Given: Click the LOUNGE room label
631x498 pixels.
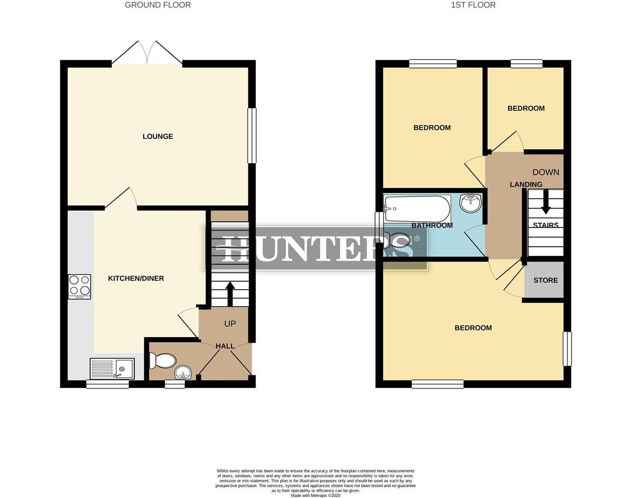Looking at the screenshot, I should [157, 136].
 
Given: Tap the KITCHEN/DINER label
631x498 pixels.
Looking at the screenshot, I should [136, 279].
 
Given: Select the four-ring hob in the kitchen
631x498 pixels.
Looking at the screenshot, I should [79, 286].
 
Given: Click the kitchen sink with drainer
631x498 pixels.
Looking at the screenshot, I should [112, 369].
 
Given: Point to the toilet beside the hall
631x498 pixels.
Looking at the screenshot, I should [162, 361].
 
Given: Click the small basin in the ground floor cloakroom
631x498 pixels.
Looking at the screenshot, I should [183, 373].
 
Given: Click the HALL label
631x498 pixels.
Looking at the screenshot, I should [225, 346].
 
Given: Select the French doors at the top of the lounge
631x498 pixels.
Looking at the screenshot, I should [147, 53].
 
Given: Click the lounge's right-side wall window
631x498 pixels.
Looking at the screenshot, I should [252, 136].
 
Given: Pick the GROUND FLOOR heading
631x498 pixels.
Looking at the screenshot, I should [158, 5].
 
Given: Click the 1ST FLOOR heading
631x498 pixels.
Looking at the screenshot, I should [473, 5].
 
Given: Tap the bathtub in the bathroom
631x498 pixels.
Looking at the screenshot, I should [417, 209].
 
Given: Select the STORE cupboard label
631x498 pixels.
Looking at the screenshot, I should [546, 280].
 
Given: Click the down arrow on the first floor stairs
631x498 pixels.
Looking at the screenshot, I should [546, 203].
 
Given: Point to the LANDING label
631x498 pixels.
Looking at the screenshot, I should [526, 184].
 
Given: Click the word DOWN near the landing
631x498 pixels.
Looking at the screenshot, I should [546, 172].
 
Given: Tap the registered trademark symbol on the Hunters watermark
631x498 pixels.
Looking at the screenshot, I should [417, 239].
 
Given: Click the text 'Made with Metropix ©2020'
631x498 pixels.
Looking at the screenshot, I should [315, 496].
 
